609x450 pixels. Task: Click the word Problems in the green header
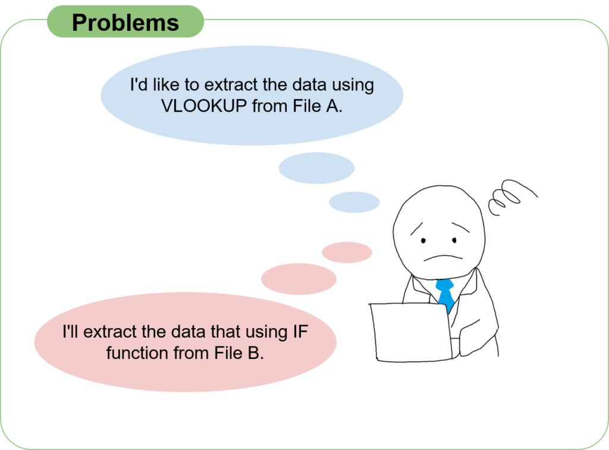125,23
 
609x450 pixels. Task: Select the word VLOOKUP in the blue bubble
204,106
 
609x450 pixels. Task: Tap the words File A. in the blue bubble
318,106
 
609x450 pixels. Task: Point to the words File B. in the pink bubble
239,353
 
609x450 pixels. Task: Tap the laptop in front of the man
411,332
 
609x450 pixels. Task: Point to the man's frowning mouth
442,257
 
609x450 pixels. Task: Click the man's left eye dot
423,241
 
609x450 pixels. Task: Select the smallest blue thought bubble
354,202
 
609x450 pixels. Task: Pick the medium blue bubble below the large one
316,168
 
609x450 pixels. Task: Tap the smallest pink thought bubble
347,253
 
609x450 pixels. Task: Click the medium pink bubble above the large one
299,279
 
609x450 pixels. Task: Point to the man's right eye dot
454,240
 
